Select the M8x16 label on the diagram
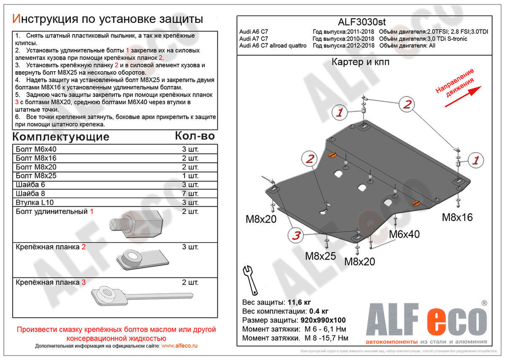coord(457,217)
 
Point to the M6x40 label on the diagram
coord(404,235)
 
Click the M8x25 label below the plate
coord(320,256)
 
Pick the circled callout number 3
coord(296,235)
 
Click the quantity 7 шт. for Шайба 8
coord(190,194)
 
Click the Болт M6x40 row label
coord(36,150)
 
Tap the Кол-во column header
coord(194,136)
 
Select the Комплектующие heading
coord(60,137)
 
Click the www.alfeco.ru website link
coord(180,345)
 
